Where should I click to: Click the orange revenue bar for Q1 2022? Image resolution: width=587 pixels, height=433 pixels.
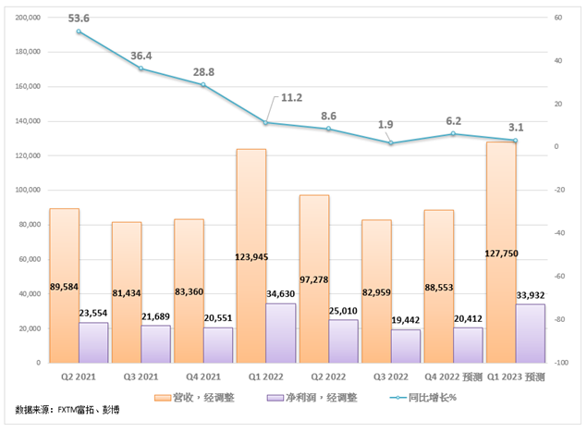[x=251, y=231]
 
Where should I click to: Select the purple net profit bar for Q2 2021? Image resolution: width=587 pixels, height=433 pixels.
[x=93, y=342]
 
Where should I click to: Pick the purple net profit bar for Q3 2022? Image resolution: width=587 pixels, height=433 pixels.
[x=406, y=346]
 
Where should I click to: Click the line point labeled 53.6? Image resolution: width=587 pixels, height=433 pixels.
[x=79, y=31]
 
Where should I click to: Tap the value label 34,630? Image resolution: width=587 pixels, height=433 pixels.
[x=280, y=293]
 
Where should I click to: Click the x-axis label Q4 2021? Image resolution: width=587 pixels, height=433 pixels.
[x=202, y=377]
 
